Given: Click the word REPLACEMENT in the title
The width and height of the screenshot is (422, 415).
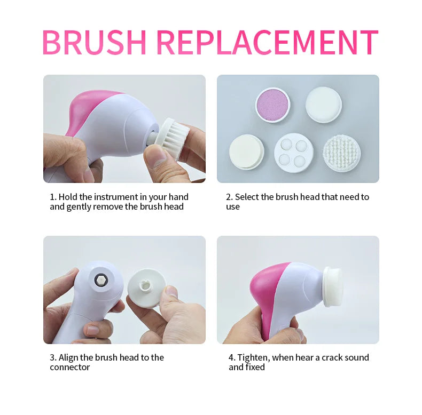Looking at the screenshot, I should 267,42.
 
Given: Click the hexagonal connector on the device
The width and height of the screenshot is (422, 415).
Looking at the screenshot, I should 100,280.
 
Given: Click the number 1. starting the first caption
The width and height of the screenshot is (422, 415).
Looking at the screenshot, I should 53,197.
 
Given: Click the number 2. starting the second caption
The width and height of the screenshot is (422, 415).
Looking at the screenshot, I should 229,197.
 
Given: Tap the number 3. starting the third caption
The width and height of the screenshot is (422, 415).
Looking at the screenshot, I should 53,357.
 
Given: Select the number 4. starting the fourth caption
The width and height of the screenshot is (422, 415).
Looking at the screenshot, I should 232,357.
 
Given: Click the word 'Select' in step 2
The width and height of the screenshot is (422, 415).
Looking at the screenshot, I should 247,197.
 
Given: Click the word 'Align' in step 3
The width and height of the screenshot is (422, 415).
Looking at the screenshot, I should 69,357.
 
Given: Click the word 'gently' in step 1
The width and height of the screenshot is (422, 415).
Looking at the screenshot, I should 79,207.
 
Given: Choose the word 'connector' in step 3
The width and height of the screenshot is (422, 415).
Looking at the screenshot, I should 70,368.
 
